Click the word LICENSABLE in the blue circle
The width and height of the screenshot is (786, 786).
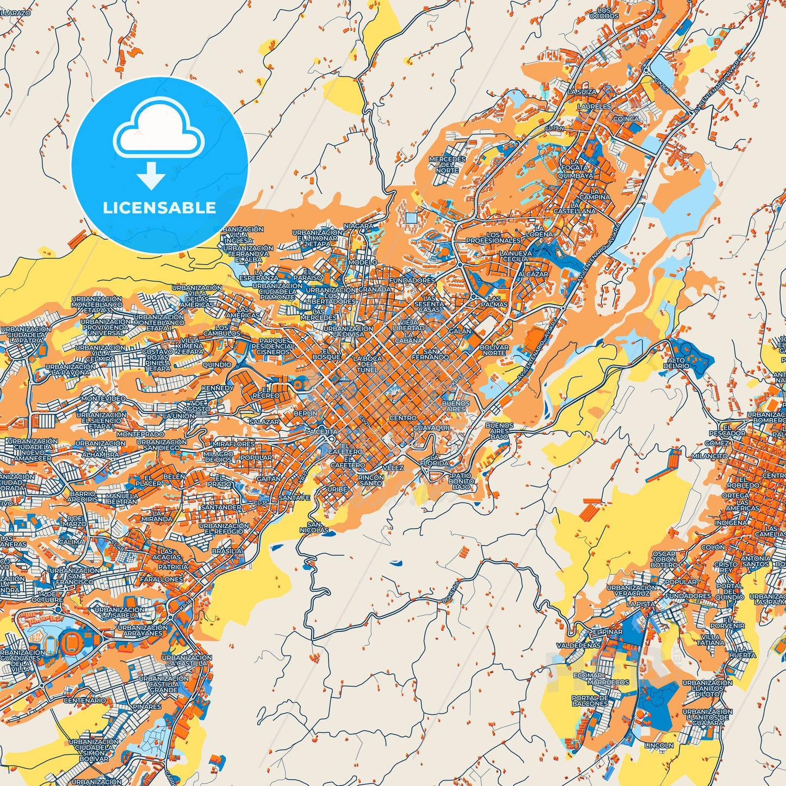click(159, 208)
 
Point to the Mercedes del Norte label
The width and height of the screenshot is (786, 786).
click(447, 164)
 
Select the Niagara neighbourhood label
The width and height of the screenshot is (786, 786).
click(358, 226)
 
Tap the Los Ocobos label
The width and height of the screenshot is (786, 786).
click(604, 13)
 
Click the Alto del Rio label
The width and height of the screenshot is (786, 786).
click(676, 363)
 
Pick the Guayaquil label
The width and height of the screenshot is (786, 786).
click(432, 428)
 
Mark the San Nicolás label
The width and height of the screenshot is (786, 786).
click(314, 527)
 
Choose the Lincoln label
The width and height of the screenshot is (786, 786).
click(658, 745)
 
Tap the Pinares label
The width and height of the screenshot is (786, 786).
click(147, 707)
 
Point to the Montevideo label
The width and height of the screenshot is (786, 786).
click(103, 399)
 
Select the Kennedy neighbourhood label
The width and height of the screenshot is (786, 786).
click(218, 388)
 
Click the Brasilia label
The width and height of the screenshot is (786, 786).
click(227, 551)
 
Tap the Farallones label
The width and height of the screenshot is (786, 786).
click(162, 579)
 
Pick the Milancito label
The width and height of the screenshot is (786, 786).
click(710, 456)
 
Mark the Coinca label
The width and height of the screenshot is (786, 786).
click(626, 119)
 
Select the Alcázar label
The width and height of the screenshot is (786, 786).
click(533, 274)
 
